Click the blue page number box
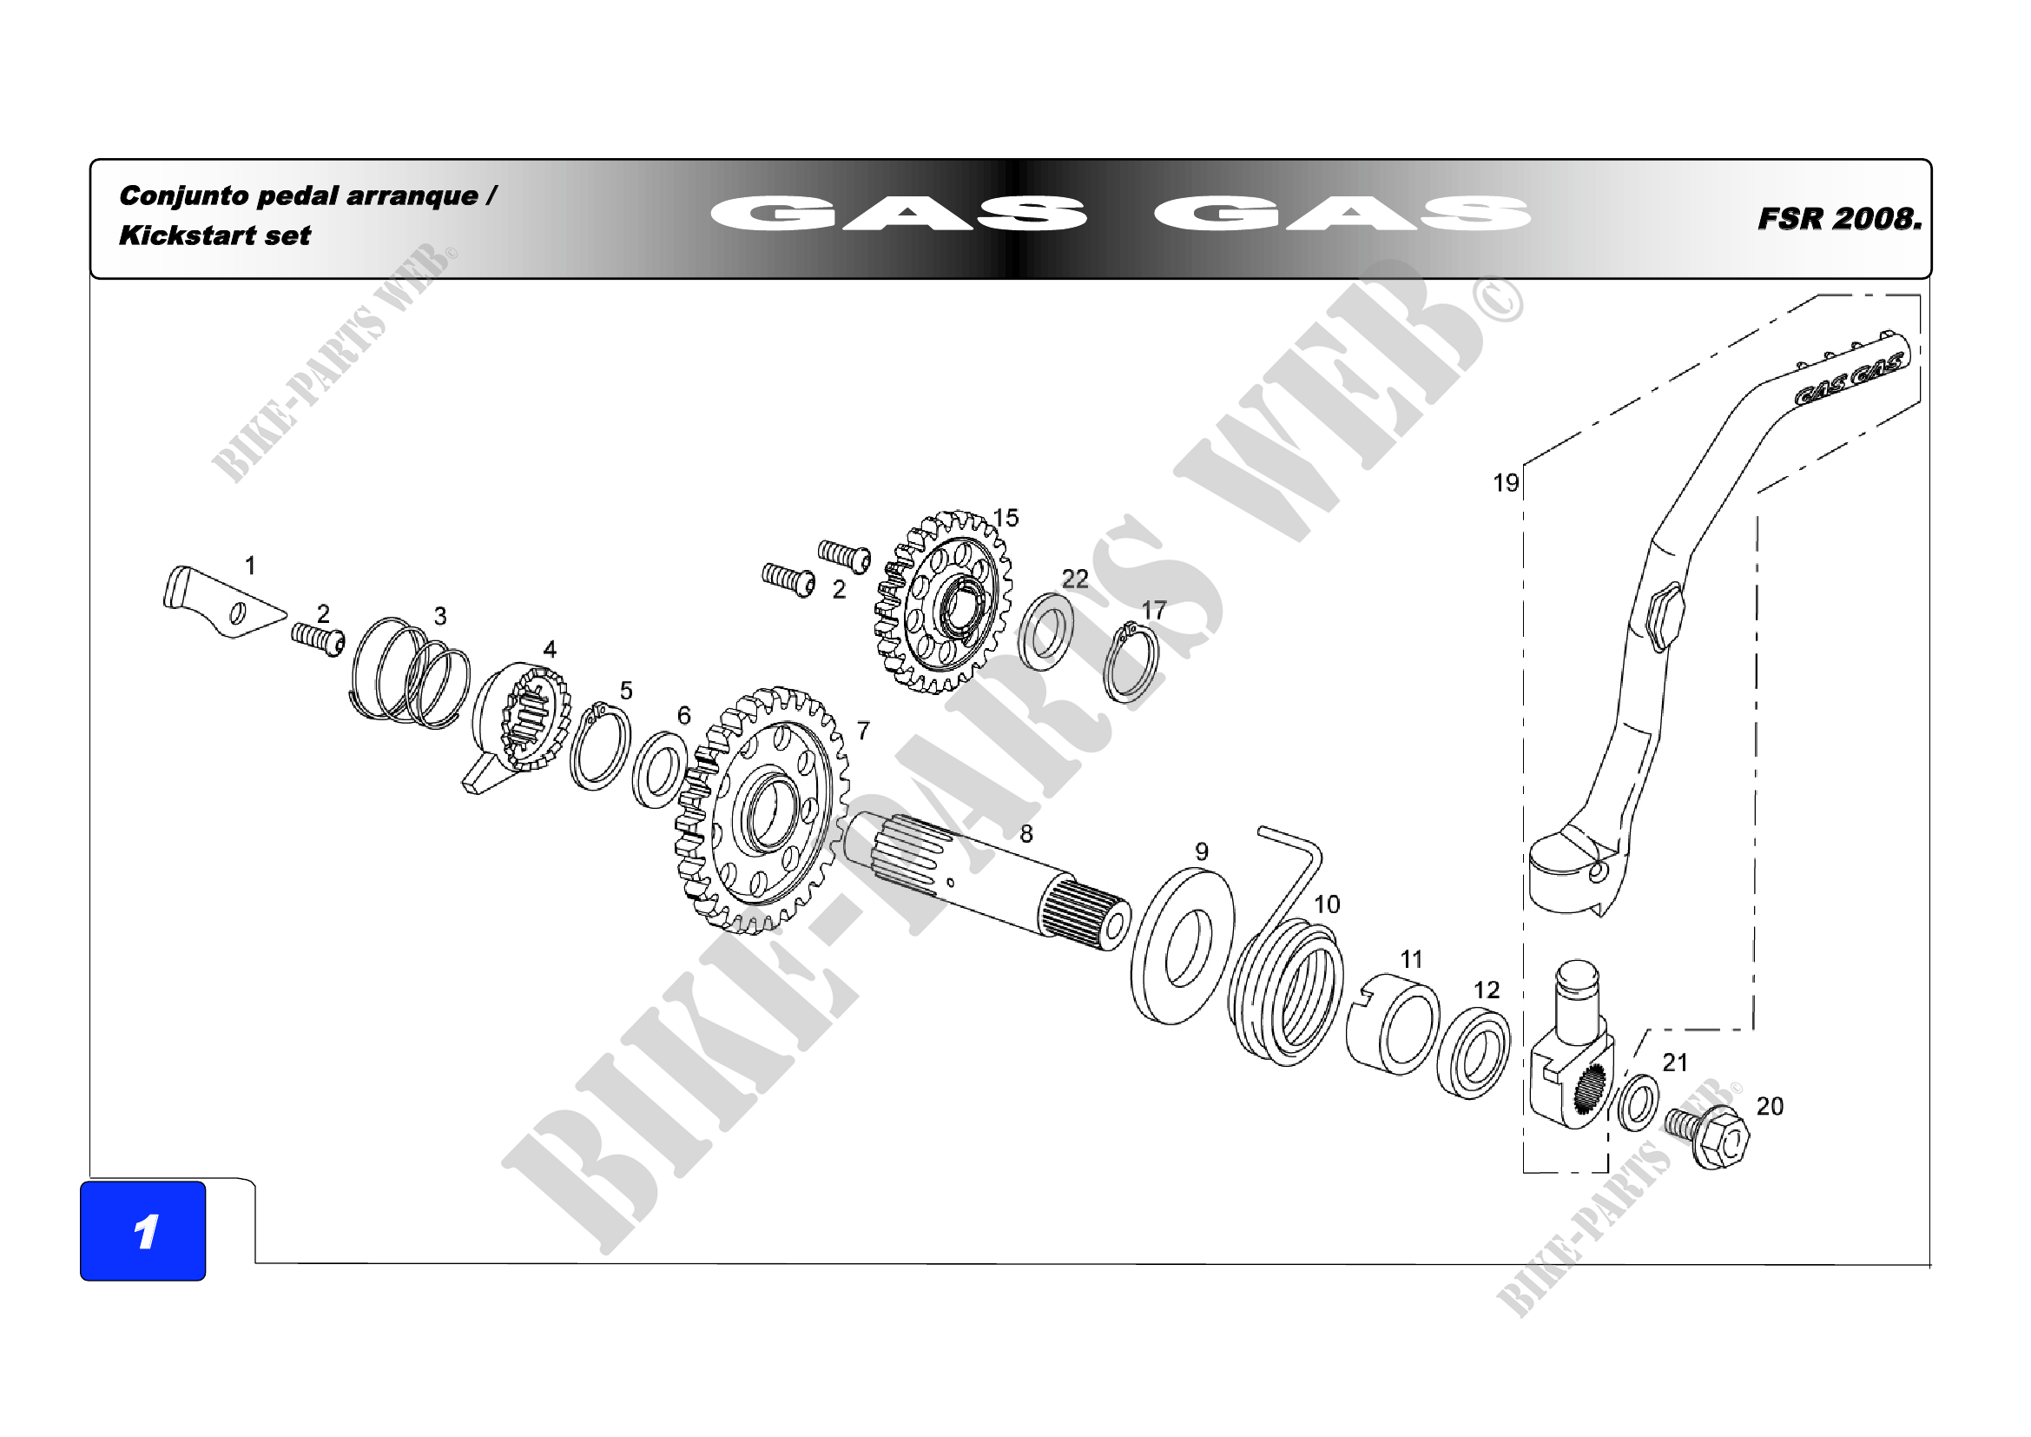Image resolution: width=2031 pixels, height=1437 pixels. (142, 1230)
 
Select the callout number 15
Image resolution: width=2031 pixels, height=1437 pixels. (1005, 518)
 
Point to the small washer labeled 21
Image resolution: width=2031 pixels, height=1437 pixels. (1638, 1103)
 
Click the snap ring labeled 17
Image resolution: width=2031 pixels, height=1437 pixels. (1131, 664)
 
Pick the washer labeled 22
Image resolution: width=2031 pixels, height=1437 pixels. (1045, 632)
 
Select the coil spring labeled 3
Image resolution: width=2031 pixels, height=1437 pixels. (411, 674)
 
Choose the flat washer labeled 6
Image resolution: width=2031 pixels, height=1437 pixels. (659, 770)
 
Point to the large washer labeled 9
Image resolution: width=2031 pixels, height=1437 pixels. (1182, 947)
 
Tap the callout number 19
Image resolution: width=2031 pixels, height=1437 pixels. (1505, 483)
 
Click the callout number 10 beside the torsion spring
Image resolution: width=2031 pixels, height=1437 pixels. (1326, 904)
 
